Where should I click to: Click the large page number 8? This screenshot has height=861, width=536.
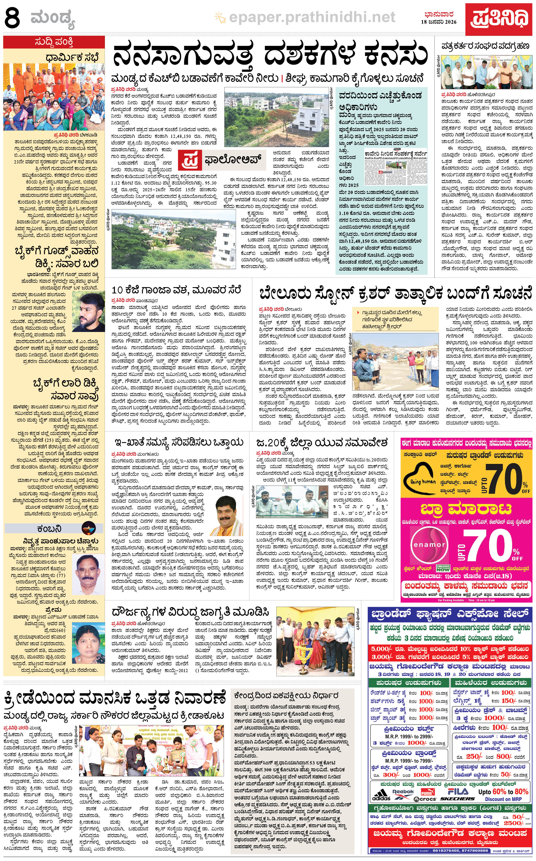point(12,18)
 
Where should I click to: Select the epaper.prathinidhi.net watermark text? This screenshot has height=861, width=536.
point(312,17)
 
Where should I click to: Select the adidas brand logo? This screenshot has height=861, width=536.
point(381,793)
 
